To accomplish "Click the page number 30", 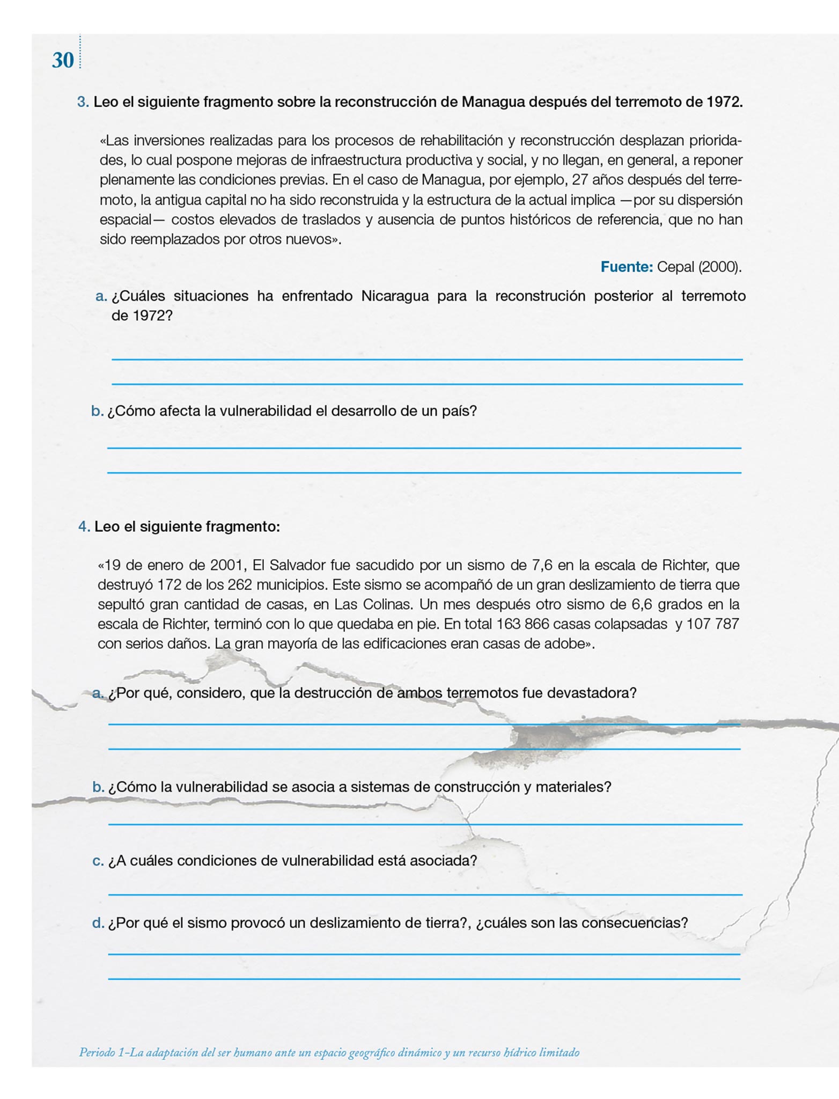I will tap(63, 60).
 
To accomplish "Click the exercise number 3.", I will tap(83, 102).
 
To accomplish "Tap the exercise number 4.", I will tap(84, 526).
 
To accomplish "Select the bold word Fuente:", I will tap(626, 267).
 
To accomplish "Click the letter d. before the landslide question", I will tap(98, 923).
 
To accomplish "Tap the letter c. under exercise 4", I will tap(98, 861).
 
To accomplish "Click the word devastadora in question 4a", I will tap(591, 693).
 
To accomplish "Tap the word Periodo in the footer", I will tap(97, 1052).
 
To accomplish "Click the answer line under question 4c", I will tap(425, 895).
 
